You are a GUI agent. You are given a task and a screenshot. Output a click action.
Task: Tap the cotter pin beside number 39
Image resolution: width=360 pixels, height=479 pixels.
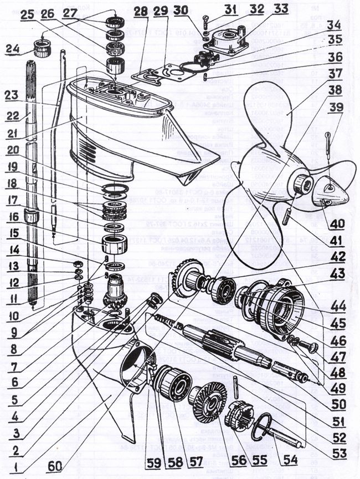(x=329, y=145)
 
